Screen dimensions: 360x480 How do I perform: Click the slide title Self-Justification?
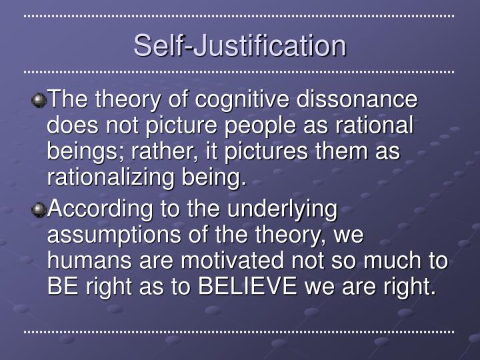coord(240,45)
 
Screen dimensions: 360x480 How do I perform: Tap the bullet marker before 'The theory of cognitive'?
coord(39,101)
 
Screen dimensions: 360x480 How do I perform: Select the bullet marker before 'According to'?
coord(39,209)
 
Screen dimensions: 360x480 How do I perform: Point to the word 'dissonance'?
coord(357,100)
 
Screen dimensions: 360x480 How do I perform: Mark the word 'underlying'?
coord(283,209)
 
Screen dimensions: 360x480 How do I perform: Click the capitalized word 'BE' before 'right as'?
coord(62,287)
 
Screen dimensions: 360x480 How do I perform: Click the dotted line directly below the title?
coord(240,71)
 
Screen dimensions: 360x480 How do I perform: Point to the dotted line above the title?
coord(240,15)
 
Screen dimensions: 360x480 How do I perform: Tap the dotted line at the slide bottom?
coord(240,331)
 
